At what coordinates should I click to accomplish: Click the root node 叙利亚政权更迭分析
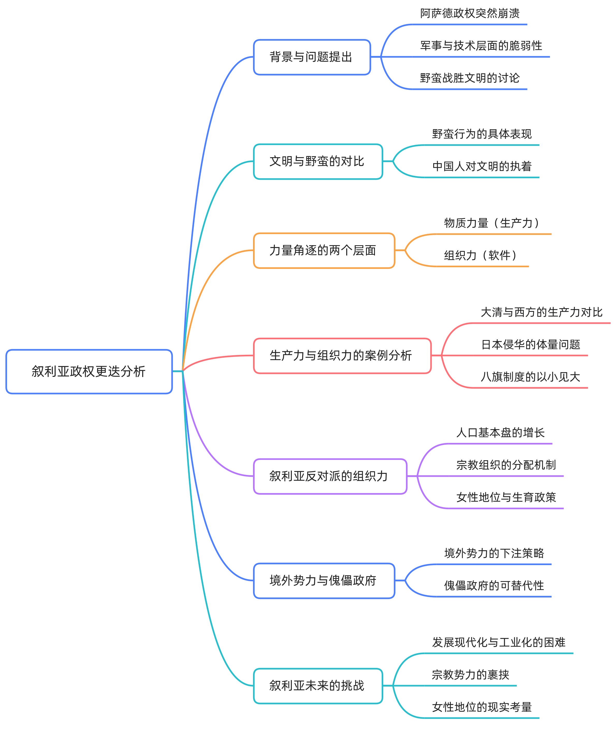pos(89,371)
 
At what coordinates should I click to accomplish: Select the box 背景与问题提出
pos(312,57)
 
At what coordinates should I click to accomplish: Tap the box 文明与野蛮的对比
pos(318,161)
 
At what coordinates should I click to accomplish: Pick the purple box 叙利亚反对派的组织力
pos(330,476)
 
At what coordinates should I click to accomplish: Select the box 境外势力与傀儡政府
pos(324,580)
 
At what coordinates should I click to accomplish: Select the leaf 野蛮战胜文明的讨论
pos(470,78)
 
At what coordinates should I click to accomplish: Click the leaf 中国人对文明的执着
pos(482,166)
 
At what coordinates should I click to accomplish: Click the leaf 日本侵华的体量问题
pos(531,344)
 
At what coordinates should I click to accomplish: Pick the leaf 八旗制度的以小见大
pos(531,377)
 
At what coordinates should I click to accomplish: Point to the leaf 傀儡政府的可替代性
pos(494,585)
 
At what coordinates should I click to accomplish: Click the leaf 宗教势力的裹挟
pos(470,674)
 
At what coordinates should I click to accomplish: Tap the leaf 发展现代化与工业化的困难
pos(499,642)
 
